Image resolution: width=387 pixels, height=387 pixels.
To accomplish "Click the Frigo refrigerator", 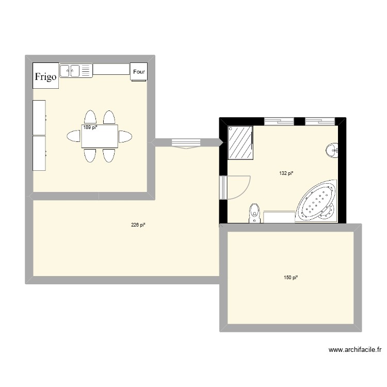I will coord(45,76).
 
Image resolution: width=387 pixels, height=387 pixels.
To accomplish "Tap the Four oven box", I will coord(139,72).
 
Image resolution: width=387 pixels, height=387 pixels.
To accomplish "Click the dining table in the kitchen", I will coord(99,136).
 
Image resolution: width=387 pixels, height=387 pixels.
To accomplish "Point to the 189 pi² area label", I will coord(90,127).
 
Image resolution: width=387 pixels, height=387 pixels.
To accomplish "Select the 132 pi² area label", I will coord(286,173).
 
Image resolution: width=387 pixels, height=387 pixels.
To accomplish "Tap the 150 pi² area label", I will coord(291,278).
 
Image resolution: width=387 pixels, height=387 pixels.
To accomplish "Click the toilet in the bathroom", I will coord(254,213).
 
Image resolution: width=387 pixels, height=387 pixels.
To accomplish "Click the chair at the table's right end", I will coord(125,137).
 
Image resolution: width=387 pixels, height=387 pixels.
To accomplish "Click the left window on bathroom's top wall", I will coord(279,122).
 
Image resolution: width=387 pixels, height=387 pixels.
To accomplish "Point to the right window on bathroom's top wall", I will coord(319,122).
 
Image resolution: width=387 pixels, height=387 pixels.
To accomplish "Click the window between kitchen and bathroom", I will coord(185,143).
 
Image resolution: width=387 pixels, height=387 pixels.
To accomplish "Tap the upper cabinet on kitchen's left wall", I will coord(39,118).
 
